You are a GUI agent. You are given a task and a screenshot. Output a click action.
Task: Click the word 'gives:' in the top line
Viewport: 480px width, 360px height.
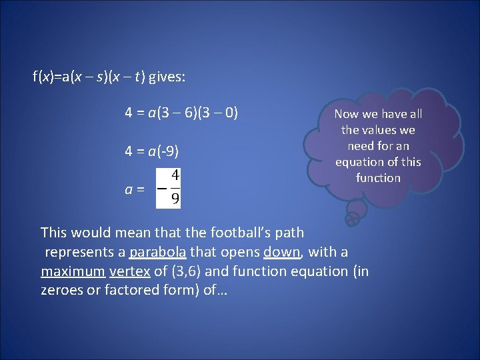click(167, 77)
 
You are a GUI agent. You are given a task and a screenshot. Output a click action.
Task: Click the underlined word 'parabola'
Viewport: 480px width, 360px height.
click(161, 252)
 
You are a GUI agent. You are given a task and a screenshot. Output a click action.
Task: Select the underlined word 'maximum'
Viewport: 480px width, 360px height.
click(73, 271)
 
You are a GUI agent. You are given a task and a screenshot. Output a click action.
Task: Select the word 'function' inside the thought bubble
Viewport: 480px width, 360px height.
click(378, 178)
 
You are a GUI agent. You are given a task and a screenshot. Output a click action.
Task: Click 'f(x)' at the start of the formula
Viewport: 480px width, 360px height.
click(43, 77)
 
